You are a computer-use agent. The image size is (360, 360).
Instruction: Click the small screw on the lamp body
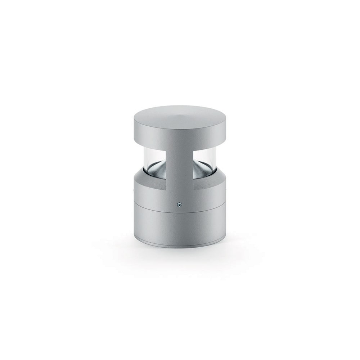179,205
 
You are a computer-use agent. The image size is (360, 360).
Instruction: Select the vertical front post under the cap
179,166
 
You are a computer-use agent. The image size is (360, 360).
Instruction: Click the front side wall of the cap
180,135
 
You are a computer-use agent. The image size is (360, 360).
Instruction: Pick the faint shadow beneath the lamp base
180,254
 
